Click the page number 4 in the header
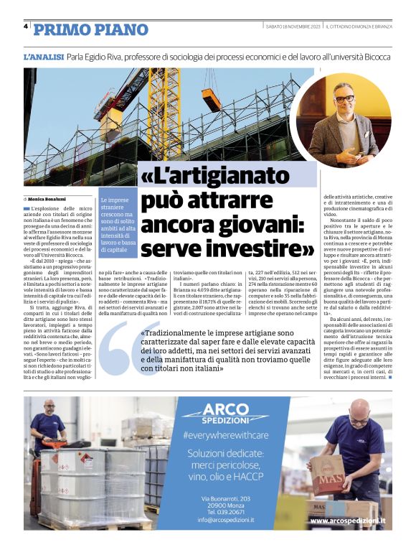(x=26, y=27)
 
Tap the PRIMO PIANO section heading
(x=91, y=29)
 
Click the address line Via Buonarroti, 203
(x=225, y=498)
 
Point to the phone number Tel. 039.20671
(x=225, y=512)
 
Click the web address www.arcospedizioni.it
(x=347, y=520)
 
